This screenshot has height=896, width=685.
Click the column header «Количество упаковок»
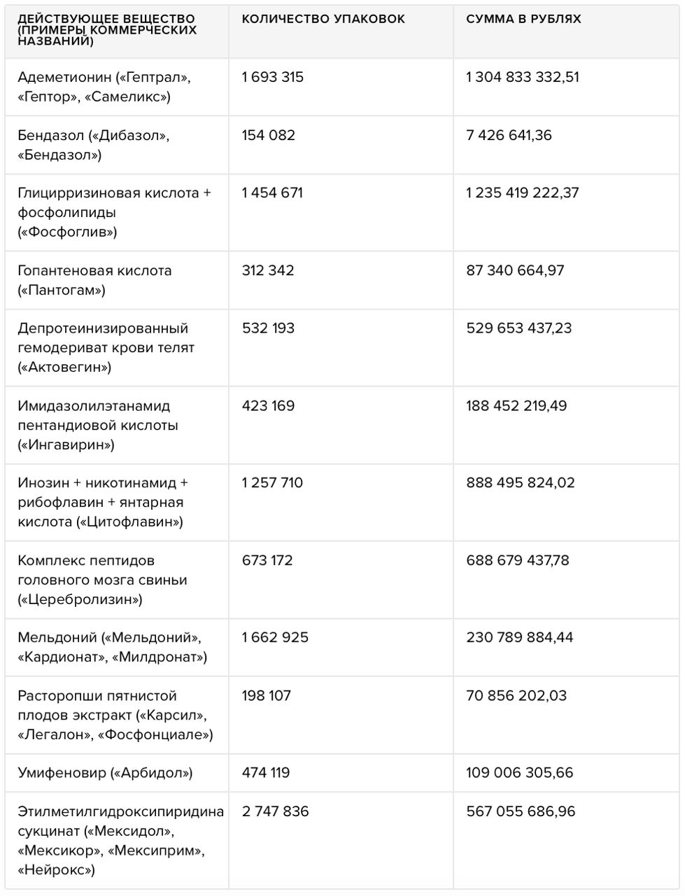point(323,19)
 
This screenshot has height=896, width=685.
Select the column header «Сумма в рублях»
point(523,19)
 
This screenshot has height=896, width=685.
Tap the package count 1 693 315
point(273,77)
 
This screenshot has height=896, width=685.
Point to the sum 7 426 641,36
point(509,135)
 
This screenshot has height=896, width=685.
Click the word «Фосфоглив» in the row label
point(68,232)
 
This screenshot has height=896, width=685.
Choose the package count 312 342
point(268,270)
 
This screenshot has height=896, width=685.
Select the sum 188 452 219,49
point(516,406)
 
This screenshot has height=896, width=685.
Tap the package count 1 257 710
point(272,483)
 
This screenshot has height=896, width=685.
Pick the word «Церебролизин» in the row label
point(80,599)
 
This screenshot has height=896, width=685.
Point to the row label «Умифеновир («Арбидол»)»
point(105,773)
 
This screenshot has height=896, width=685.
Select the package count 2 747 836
point(275,811)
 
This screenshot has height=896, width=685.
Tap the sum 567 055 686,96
point(521,811)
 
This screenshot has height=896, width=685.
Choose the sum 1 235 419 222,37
point(523,193)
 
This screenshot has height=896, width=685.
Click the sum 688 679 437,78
point(518,561)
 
